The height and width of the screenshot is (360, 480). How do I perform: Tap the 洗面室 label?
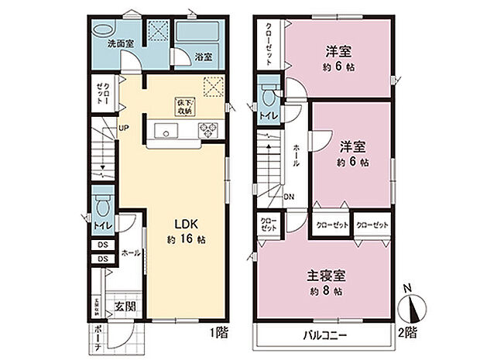[121, 44]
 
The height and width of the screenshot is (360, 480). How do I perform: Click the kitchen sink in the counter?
[165, 130]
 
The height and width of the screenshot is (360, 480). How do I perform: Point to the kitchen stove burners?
[208, 130]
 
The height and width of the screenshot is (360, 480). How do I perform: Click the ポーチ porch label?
[97, 338]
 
